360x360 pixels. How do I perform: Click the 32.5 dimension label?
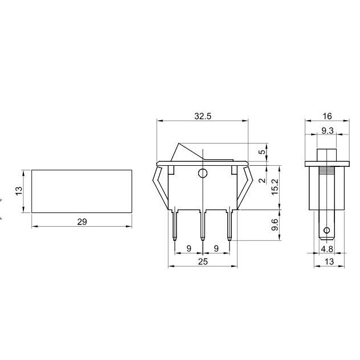[203, 116]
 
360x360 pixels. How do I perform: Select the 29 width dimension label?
[82, 222]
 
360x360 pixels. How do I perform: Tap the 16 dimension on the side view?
[327, 116]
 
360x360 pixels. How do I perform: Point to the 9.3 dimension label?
[327, 130]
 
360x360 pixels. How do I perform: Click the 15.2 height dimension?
[275, 187]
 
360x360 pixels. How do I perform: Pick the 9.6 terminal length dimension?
[275, 225]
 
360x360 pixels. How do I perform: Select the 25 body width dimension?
[203, 261]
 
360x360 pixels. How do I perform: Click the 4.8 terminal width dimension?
[327, 249]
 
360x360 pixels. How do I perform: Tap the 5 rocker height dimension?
[262, 152]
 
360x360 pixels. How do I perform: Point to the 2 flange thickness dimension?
[262, 181]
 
